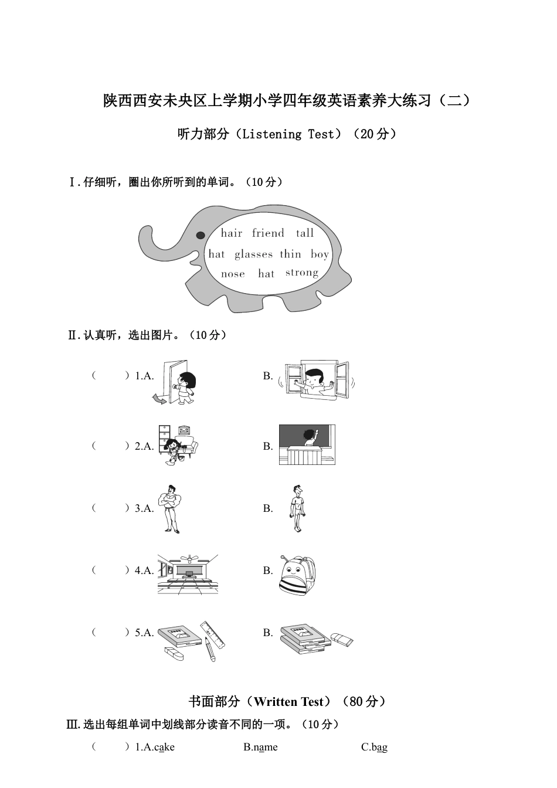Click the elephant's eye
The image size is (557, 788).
point(201,235)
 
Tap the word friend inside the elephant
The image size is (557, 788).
point(268,233)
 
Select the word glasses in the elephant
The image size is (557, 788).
point(253,254)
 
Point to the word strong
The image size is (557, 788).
point(302,273)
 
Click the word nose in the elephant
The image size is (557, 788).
point(233,274)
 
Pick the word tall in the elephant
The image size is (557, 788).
point(305,233)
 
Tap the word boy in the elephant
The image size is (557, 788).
point(320,254)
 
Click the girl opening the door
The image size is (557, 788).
point(185,388)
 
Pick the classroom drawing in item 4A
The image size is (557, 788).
point(188,574)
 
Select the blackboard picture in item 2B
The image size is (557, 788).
point(307,445)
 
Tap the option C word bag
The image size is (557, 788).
point(379,747)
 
